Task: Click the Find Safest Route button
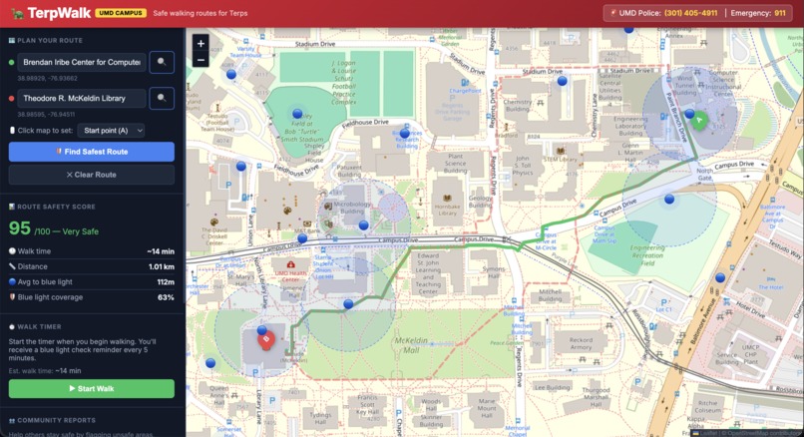pos(92,152)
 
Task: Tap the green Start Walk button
pos(92,388)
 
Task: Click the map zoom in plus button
pos(201,44)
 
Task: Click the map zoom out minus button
pos(201,60)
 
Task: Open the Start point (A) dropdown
pos(112,131)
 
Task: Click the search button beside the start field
pos(162,62)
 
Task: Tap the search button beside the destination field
pos(162,99)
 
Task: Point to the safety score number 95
pos(20,227)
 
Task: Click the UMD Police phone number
pos(690,13)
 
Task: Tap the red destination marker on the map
pos(265,339)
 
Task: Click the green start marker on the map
pos(699,121)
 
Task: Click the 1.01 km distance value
pos(162,266)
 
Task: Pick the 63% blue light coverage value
pos(166,297)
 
